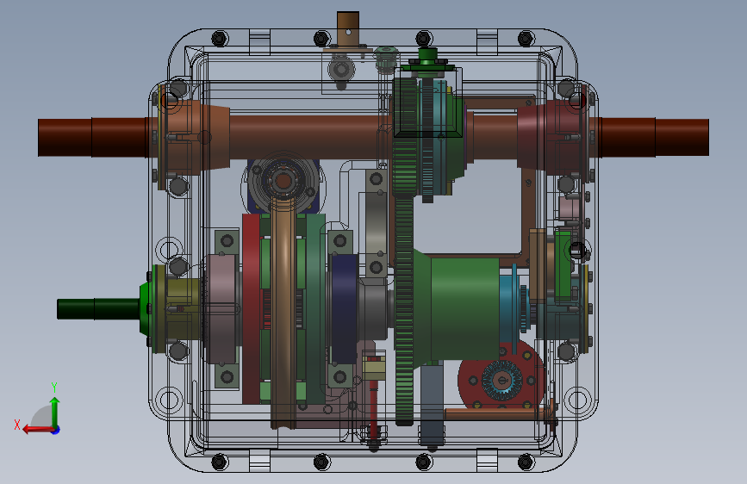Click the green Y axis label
[x=54, y=387]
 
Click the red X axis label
[x=17, y=425]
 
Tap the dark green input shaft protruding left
[x=98, y=308]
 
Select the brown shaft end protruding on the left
[x=94, y=137]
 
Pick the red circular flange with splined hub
[x=501, y=378]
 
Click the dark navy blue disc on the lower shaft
[x=344, y=308]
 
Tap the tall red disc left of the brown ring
[x=251, y=308]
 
